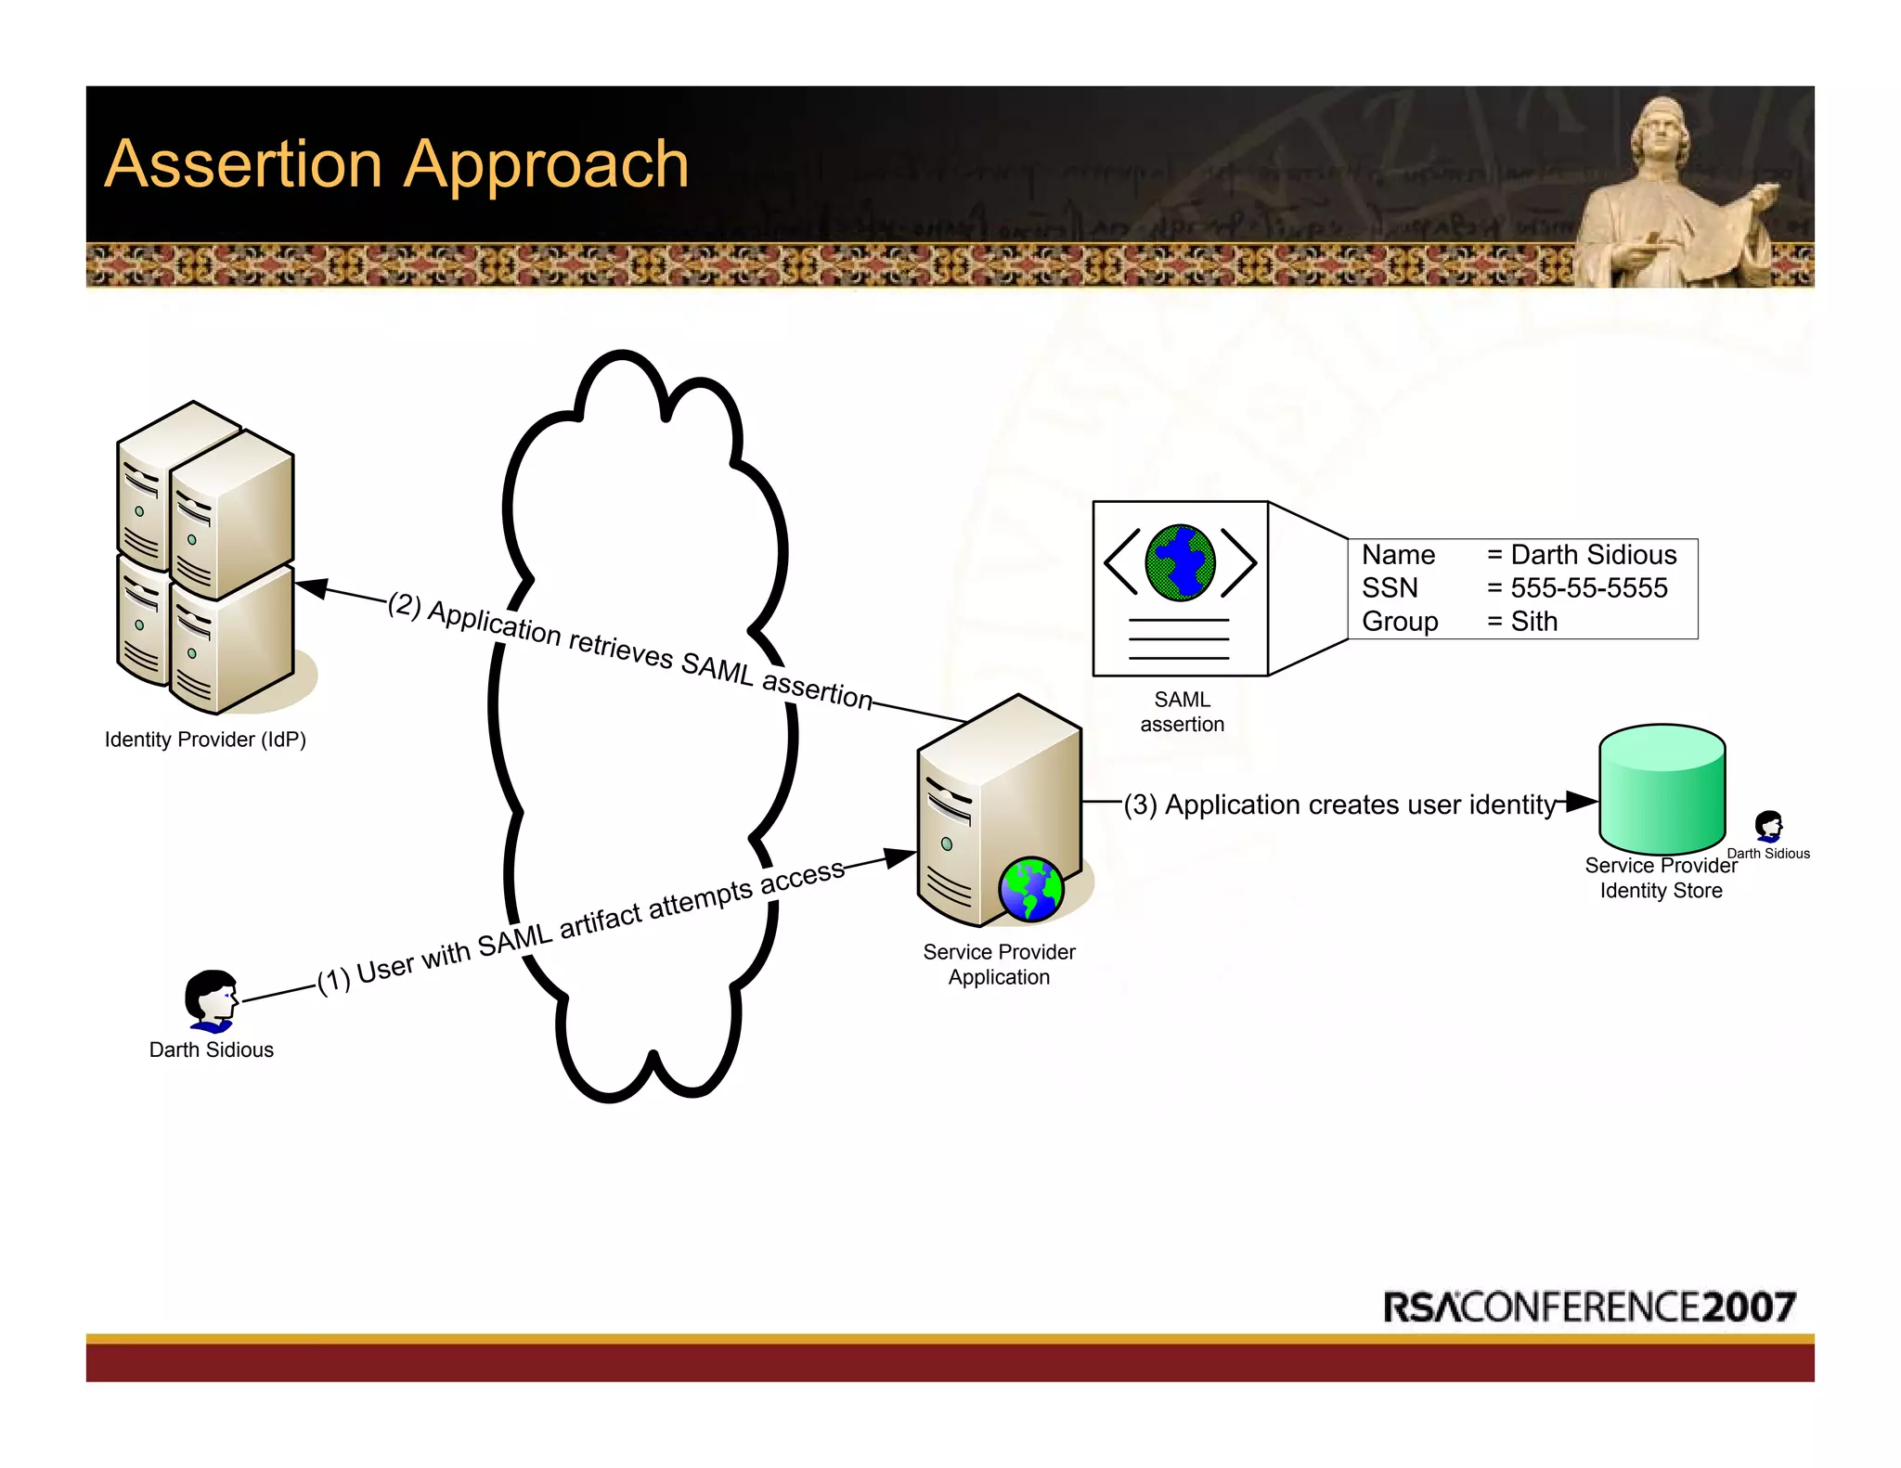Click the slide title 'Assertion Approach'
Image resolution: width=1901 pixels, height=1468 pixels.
pyautogui.click(x=396, y=164)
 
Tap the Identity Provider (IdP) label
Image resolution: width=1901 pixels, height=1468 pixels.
pyautogui.click(x=205, y=740)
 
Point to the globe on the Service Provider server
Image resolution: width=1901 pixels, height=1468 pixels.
pyautogui.click(x=1030, y=889)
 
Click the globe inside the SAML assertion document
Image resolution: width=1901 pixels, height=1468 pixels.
pyautogui.click(x=1180, y=562)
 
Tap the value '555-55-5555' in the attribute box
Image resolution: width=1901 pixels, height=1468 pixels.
pyautogui.click(x=1588, y=588)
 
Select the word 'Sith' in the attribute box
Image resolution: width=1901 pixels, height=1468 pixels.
pyautogui.click(x=1534, y=622)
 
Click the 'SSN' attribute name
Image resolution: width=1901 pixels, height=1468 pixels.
pyautogui.click(x=1390, y=588)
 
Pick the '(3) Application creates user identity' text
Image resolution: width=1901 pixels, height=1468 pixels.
pyautogui.click(x=1339, y=805)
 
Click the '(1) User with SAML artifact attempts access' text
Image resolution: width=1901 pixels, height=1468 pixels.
pyautogui.click(x=581, y=927)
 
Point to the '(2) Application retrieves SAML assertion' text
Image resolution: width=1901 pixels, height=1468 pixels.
pyautogui.click(x=630, y=649)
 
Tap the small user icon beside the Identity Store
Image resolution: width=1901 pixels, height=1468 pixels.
pyautogui.click(x=1768, y=825)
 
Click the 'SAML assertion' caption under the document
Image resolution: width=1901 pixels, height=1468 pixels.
pyautogui.click(x=1182, y=712)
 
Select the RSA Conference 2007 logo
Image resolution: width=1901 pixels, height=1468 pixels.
pyautogui.click(x=1589, y=1307)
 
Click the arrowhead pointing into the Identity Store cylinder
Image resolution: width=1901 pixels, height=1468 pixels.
pyautogui.click(x=1582, y=801)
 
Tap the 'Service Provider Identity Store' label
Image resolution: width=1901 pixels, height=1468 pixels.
pyautogui.click(x=1661, y=878)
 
